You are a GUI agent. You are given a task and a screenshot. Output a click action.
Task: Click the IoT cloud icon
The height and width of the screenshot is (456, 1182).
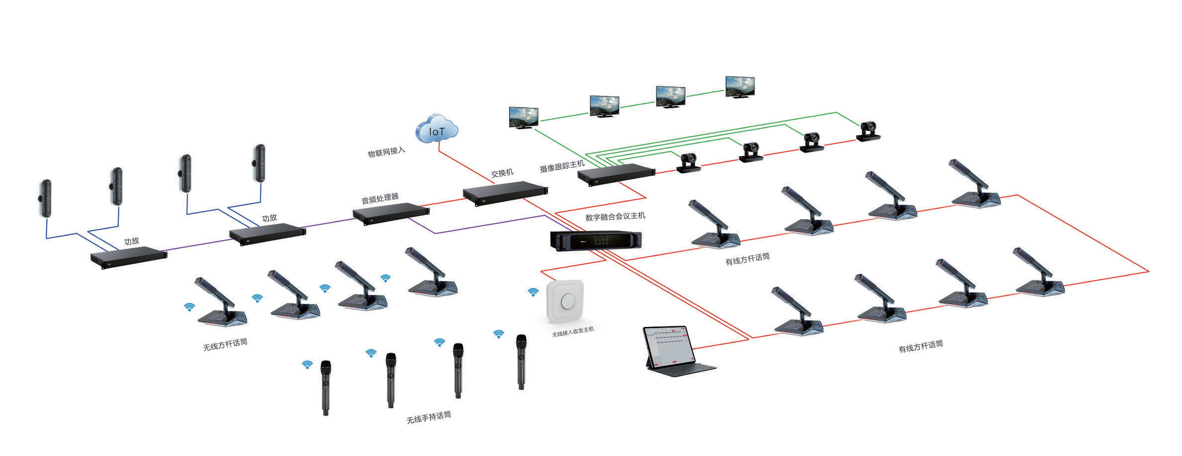click(x=437, y=130)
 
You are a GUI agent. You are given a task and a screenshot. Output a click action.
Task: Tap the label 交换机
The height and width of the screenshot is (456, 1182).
click(x=502, y=173)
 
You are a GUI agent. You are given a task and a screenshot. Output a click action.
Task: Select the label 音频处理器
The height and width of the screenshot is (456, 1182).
click(x=380, y=198)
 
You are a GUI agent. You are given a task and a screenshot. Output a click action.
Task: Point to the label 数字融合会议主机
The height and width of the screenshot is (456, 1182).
click(x=615, y=216)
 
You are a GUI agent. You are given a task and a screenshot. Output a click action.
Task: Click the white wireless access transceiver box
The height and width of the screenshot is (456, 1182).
click(x=565, y=302)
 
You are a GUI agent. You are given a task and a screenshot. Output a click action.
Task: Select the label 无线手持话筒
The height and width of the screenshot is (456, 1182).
click(x=429, y=417)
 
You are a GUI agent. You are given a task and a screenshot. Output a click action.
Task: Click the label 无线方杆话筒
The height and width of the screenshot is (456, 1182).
click(x=225, y=344)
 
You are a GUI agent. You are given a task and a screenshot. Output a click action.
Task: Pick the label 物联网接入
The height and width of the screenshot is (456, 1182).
click(x=386, y=152)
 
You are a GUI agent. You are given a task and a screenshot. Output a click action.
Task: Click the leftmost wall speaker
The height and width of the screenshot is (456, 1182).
click(x=46, y=198)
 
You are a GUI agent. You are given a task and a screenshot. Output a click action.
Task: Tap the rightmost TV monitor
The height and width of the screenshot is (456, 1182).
click(x=740, y=87)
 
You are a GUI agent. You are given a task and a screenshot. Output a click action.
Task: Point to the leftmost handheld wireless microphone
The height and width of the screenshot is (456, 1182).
click(x=325, y=387)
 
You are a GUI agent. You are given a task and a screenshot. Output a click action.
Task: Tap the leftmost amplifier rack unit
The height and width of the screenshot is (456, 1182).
click(x=129, y=257)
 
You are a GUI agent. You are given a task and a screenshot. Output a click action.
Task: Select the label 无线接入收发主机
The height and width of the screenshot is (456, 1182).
click(x=573, y=332)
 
